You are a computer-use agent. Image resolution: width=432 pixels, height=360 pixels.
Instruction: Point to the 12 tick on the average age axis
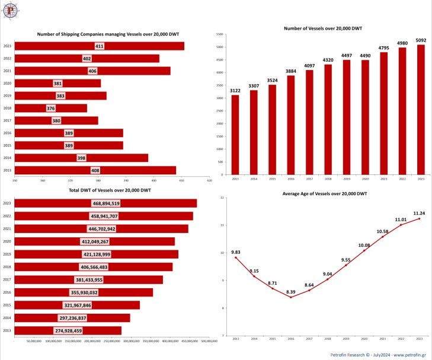pyautogui.click(x=221, y=197)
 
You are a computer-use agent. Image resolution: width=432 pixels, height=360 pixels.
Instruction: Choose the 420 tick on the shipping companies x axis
pyautogui.click(x=209, y=180)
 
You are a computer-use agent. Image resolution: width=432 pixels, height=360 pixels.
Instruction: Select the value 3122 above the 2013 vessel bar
pyautogui.click(x=235, y=91)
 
